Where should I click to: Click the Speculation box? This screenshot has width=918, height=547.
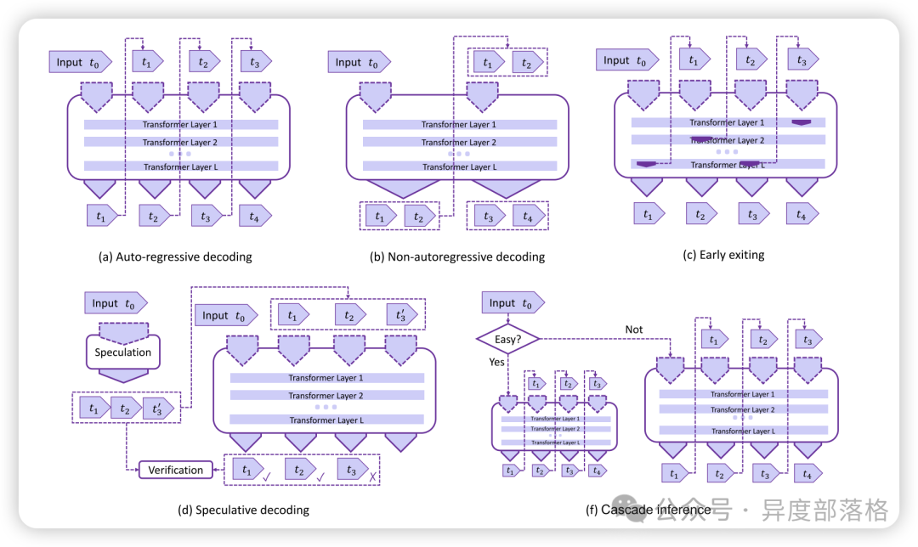[x=123, y=352]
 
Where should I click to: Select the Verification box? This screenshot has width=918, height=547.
[x=176, y=470]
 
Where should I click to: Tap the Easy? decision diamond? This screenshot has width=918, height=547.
[x=507, y=339]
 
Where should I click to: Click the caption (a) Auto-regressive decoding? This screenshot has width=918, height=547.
[x=176, y=256]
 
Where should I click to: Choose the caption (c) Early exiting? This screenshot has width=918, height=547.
[x=722, y=254]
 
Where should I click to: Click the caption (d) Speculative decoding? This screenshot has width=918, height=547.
[x=243, y=510]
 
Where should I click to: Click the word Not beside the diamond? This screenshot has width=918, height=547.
[x=634, y=330]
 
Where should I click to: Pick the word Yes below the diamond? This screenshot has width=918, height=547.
[x=496, y=362]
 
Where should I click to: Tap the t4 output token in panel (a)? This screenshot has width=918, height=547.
[x=257, y=216]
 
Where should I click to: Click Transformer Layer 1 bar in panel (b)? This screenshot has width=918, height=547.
[x=459, y=125]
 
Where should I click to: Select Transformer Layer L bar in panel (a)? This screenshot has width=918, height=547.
[x=180, y=166]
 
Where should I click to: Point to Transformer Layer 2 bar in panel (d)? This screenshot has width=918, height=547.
[x=326, y=396]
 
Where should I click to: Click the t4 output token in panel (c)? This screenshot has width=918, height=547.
[x=803, y=214]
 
